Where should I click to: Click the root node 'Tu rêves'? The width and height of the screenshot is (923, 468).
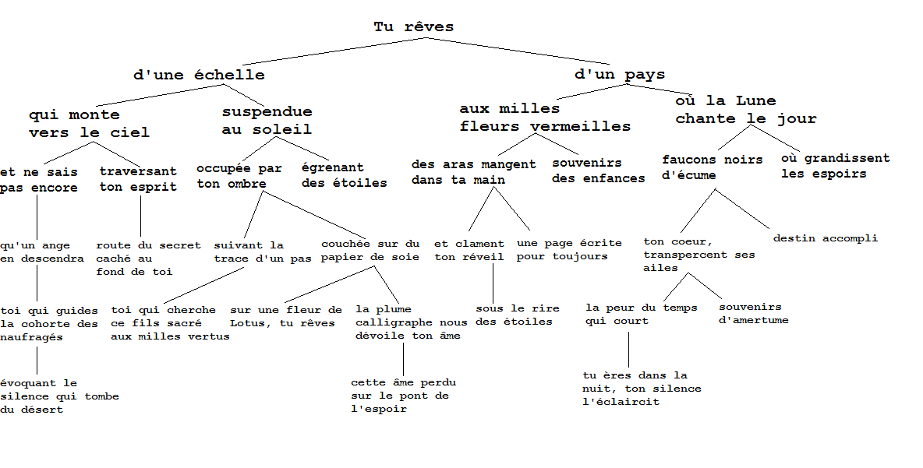(x=413, y=27)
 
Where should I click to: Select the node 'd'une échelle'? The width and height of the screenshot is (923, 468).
(x=200, y=76)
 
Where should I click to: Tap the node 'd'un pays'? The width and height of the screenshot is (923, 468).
(x=620, y=75)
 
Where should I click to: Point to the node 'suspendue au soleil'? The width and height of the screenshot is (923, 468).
(x=267, y=121)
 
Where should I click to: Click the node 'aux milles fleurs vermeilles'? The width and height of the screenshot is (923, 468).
(x=545, y=118)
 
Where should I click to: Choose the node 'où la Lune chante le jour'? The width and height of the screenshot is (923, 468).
(x=746, y=110)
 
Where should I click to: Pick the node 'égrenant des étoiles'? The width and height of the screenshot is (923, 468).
(x=344, y=175)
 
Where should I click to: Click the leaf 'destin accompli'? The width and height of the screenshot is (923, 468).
(x=825, y=238)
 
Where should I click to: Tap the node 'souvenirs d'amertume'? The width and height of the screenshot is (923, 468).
(x=753, y=314)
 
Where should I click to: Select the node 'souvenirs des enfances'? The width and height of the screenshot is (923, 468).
(x=598, y=171)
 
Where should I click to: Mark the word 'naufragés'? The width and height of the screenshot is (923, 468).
(x=31, y=338)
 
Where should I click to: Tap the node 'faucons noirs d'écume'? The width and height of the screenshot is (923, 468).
(x=712, y=167)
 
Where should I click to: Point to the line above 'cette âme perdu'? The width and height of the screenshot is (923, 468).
(x=403, y=359)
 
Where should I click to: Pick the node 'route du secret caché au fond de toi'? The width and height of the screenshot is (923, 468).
(x=148, y=259)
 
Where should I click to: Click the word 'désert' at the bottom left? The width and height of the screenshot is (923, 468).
(x=42, y=410)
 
